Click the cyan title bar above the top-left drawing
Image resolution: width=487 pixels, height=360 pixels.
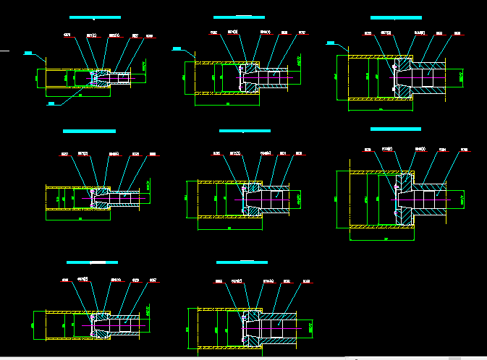pos(94,17)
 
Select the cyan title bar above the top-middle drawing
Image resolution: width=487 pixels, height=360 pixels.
pos(242,16)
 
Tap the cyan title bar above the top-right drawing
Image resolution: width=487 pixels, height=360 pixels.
pos(395,17)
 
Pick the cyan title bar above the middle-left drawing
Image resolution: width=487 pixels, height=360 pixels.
pos(89,132)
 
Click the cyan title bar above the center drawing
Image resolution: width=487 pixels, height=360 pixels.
pos(245,131)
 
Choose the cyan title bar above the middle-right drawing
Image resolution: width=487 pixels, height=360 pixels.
pos(395,129)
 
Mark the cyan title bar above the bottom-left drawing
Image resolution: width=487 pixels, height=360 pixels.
pos(92,262)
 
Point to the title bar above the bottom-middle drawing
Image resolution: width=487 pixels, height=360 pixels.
pos(242,261)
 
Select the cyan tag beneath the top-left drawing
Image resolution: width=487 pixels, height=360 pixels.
pos(51,103)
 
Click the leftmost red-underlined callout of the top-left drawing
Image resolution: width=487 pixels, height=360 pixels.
pos(67,35)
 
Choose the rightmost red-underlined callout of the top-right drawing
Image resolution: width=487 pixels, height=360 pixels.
pos(457,33)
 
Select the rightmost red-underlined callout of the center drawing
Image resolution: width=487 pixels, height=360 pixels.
pos(299,153)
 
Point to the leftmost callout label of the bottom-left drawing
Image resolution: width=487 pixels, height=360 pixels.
pos(64,280)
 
